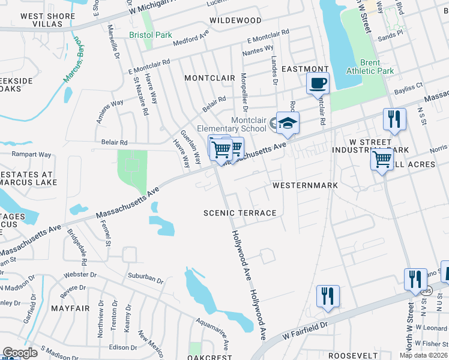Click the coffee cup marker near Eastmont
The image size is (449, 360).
point(318,83)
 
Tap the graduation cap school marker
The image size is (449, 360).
point(288,124)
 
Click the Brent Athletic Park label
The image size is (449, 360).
point(370,67)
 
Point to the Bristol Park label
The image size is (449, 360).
point(151,35)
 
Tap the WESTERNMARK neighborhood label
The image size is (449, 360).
point(305,185)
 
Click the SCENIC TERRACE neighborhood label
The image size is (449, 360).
point(240,213)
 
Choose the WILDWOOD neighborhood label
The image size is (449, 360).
point(235,20)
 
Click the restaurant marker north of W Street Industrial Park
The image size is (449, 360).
point(394,118)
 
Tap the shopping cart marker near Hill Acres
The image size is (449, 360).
point(382,160)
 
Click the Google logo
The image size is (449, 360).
point(20,353)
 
